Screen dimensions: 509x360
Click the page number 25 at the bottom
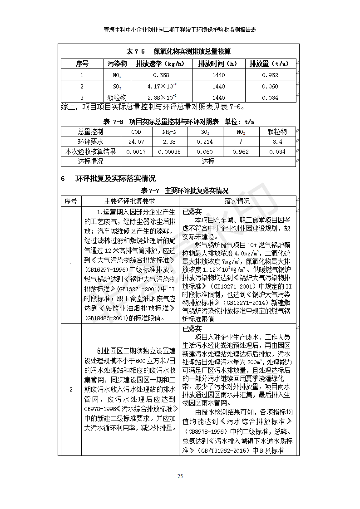coord(180,476)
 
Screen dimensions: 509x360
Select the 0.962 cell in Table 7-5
coord(270,75)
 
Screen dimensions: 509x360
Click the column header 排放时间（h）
coord(218,64)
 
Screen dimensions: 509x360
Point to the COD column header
coord(136,132)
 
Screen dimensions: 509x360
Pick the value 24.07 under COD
coord(136,142)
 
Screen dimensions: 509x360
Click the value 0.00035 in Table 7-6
coord(171,152)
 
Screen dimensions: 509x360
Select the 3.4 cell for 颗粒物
coord(277,142)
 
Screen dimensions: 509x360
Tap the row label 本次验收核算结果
coord(91,152)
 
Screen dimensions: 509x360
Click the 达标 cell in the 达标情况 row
coord(208,162)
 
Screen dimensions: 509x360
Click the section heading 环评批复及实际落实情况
coord(115,178)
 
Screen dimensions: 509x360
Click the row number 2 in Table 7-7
coord(71,390)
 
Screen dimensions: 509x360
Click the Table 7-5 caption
coord(179,51)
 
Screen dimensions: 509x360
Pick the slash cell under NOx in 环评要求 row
coord(241,142)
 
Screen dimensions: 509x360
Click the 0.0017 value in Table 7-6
coord(136,152)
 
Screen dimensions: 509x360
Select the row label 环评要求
coord(91,142)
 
